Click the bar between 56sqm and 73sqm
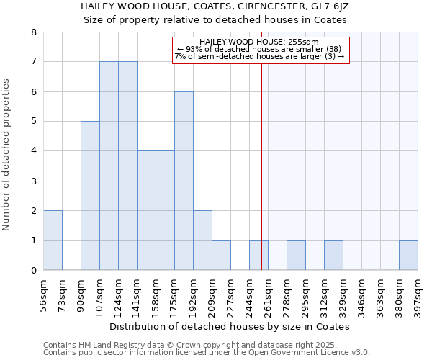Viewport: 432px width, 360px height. [53, 240]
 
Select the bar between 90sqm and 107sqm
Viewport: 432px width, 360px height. [90, 196]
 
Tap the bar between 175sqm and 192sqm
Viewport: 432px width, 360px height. [184, 181]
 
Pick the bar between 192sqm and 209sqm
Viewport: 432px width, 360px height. [202, 240]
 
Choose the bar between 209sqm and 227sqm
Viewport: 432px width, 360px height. [221, 256]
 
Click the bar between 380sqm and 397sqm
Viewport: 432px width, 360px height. [408, 256]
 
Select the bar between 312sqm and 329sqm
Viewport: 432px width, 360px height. [333, 256]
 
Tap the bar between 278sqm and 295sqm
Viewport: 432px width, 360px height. [296, 256]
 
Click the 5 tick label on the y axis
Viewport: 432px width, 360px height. [33, 122]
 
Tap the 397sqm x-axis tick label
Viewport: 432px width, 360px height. [418, 294]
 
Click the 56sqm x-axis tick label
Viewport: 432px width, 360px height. [43, 294]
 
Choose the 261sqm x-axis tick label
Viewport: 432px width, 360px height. [268, 294]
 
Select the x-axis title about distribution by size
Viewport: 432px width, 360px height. [230, 326]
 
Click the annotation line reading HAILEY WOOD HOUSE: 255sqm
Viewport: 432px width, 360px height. [259, 42]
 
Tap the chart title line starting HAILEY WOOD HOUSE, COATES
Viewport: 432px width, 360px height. [216, 6]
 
